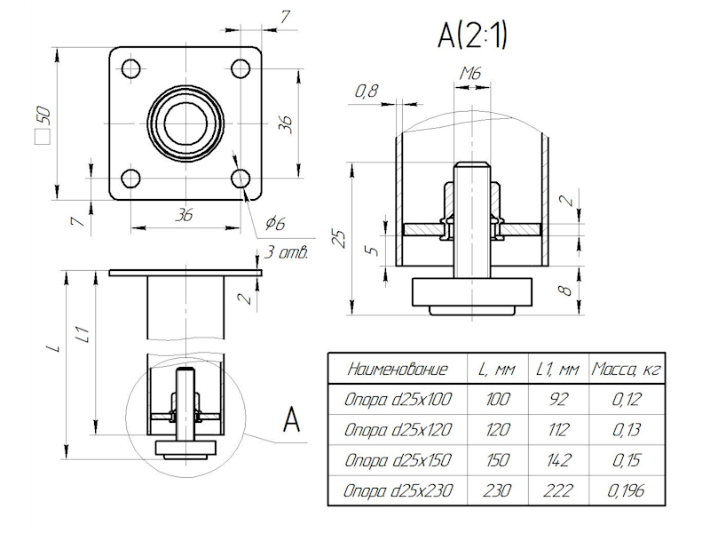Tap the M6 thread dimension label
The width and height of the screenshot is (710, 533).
click(470, 75)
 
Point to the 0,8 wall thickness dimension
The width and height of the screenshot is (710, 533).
click(366, 90)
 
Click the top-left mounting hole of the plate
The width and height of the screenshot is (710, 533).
click(130, 68)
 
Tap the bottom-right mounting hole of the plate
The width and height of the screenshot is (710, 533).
click(240, 178)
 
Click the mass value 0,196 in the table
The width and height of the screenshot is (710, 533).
click(627, 490)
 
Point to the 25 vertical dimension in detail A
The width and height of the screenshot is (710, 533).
click(338, 237)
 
